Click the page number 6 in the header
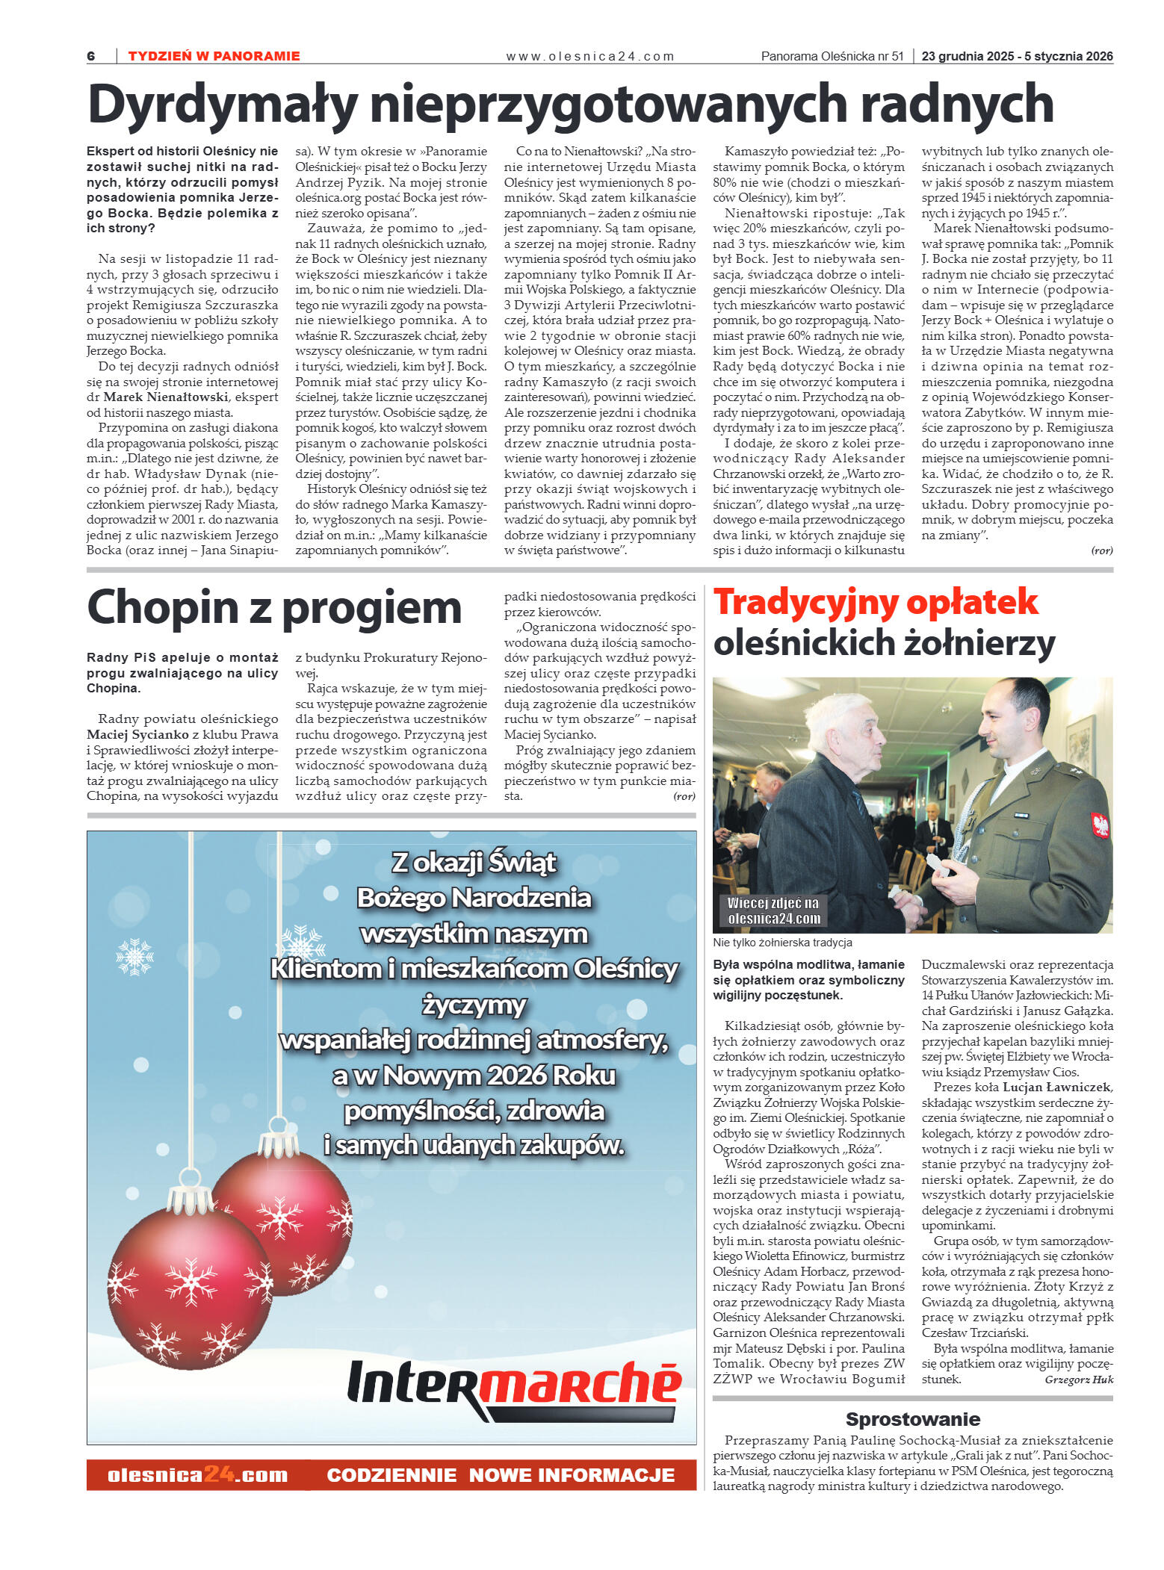(x=91, y=56)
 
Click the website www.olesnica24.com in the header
(x=589, y=56)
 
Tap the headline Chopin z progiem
(x=274, y=607)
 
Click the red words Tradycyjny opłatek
(x=875, y=602)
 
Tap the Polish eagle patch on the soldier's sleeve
(x=1099, y=825)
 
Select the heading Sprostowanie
(x=912, y=1419)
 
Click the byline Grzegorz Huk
(x=1078, y=1380)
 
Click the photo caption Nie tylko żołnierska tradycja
(x=782, y=943)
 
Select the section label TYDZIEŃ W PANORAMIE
(x=214, y=56)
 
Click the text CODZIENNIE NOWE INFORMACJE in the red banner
(x=501, y=1475)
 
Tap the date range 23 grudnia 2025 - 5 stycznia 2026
(x=1017, y=56)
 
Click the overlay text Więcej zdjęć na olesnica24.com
(x=773, y=910)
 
